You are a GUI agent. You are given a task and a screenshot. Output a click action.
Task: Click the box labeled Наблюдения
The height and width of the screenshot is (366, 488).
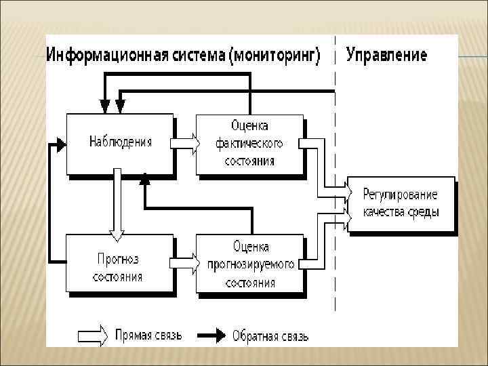[x=119, y=143]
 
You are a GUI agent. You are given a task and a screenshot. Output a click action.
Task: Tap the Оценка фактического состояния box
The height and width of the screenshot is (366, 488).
[x=249, y=143]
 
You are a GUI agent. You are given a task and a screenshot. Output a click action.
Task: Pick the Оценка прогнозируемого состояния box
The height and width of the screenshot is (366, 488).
[x=249, y=263]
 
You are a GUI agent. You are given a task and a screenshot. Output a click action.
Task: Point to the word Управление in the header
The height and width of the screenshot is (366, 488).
[x=386, y=55]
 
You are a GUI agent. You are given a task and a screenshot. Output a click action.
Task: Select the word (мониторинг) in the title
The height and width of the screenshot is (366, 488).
[x=276, y=56]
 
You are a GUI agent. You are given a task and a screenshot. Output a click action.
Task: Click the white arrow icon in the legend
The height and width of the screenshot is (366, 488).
[x=93, y=334]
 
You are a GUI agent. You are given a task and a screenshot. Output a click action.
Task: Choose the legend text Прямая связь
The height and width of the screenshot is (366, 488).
[x=148, y=335]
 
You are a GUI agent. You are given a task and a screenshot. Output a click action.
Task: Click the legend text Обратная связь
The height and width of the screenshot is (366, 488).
[x=270, y=335]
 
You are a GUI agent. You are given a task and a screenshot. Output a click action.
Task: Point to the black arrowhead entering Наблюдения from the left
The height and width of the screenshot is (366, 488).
[x=62, y=144]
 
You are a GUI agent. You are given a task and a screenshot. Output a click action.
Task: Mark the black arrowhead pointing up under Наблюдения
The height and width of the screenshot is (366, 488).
[x=144, y=179]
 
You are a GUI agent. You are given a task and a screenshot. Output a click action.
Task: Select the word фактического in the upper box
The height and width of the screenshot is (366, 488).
[x=249, y=144]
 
